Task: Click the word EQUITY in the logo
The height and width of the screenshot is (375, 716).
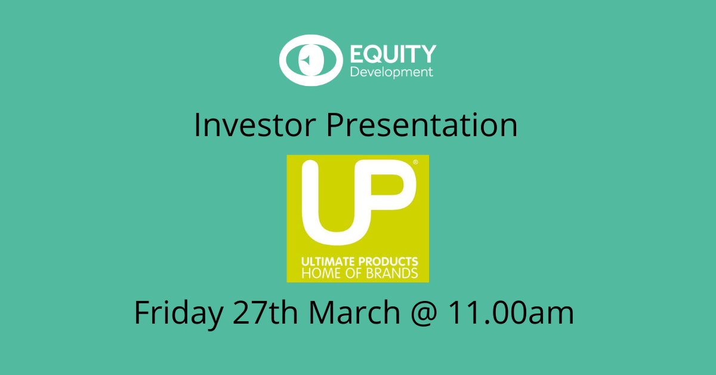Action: point(393,54)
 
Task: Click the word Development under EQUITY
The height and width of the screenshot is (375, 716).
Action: point(391,72)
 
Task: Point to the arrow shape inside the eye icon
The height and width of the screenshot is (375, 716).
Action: point(305,60)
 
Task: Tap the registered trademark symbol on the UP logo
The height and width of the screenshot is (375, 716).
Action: point(415,162)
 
